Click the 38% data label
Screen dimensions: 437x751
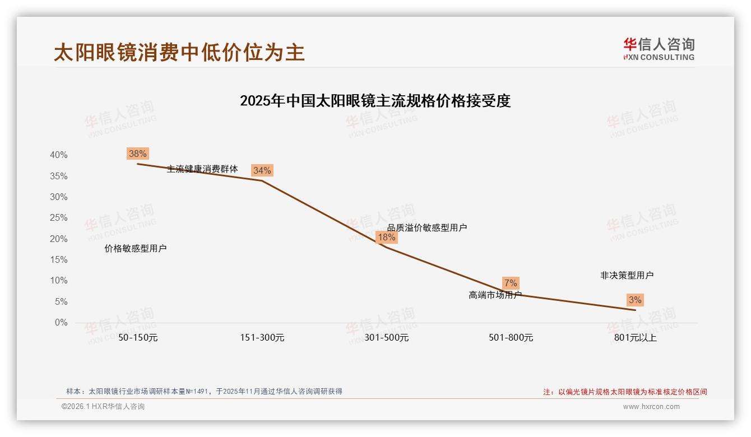pyautogui.click(x=137, y=154)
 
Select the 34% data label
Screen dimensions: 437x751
pyautogui.click(x=262, y=170)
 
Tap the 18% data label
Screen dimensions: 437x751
pyautogui.click(x=386, y=237)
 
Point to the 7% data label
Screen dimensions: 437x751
pyautogui.click(x=511, y=283)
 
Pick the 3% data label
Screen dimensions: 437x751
pyautogui.click(x=634, y=300)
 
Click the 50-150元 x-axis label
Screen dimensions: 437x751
pyautogui.click(x=138, y=338)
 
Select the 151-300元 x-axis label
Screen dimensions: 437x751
pyautogui.click(x=262, y=338)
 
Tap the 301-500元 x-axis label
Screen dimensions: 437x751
pyautogui.click(x=387, y=338)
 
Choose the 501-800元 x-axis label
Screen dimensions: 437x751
pyautogui.click(x=511, y=338)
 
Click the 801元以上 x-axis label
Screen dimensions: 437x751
pyautogui.click(x=635, y=338)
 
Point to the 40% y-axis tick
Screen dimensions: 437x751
pyautogui.click(x=58, y=155)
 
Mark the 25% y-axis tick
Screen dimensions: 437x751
pyautogui.click(x=58, y=218)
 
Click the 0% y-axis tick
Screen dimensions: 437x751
pyautogui.click(x=61, y=323)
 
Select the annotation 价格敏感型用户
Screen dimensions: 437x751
pyautogui.click(x=136, y=249)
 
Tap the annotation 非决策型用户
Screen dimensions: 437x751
pyautogui.click(x=627, y=276)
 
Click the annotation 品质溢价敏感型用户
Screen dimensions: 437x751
pyautogui.click(x=427, y=227)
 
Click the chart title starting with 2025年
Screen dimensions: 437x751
pyautogui.click(x=375, y=101)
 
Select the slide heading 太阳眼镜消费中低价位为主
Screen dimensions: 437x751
pyautogui.click(x=179, y=53)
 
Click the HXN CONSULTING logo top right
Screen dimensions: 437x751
pyautogui.click(x=659, y=49)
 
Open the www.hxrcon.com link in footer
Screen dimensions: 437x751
pyautogui.click(x=651, y=407)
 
